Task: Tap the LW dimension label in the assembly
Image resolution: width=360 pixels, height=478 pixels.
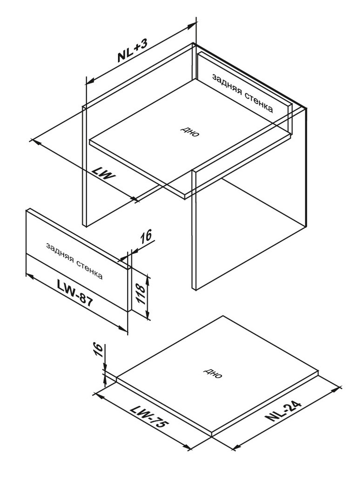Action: pyautogui.click(x=104, y=175)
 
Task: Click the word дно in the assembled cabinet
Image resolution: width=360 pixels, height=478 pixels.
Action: pyautogui.click(x=191, y=131)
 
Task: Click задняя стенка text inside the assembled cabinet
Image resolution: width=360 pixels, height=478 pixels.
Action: pyautogui.click(x=242, y=93)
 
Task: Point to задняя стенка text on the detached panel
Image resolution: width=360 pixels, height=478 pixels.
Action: pyautogui.click(x=74, y=260)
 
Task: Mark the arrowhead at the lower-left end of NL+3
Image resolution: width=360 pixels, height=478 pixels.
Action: pyautogui.click(x=90, y=81)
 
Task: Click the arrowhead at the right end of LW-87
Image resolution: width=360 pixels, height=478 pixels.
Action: pyautogui.click(x=123, y=329)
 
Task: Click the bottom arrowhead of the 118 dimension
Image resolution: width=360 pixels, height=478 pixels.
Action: pyautogui.click(x=148, y=316)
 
